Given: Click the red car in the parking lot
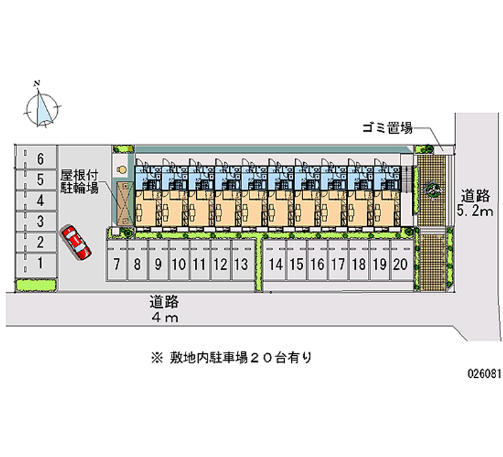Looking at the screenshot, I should [76, 242].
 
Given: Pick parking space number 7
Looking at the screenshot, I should [116, 265].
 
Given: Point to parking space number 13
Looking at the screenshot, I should [240, 265].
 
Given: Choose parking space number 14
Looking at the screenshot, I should [275, 265].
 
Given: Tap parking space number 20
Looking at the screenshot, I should [399, 265].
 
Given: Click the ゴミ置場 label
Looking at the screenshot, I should [387, 128].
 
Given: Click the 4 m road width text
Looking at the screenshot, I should [165, 317].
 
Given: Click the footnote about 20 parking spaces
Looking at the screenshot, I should [231, 358].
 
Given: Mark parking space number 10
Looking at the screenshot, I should [179, 265].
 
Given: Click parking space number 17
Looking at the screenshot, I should [338, 265].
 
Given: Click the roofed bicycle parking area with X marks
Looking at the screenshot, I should [123, 204].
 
